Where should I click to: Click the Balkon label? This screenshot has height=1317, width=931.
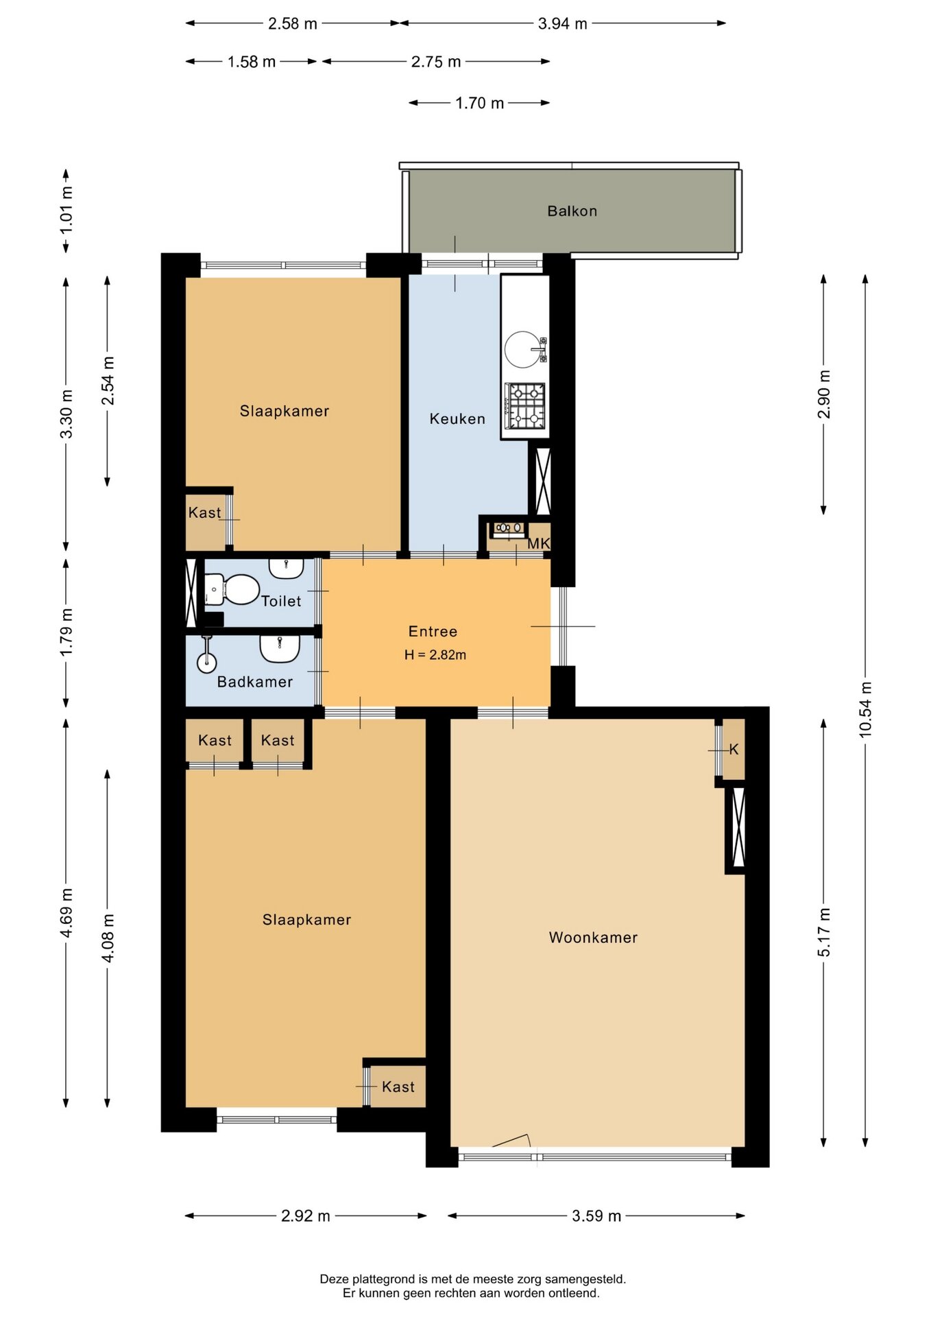click(x=572, y=211)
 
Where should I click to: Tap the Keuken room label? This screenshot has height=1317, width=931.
click(x=457, y=418)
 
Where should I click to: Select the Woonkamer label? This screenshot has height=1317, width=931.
click(x=593, y=937)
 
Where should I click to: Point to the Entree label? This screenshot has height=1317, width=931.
click(x=433, y=631)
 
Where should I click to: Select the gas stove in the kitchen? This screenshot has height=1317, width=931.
click(x=524, y=406)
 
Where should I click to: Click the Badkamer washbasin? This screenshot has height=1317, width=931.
click(x=280, y=648)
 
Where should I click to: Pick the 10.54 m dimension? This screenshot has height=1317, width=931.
click(x=865, y=709)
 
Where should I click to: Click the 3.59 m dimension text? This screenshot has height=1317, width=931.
click(x=596, y=1215)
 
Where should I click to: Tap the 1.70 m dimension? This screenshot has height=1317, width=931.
click(x=479, y=103)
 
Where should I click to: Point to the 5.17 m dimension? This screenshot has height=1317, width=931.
click(x=823, y=932)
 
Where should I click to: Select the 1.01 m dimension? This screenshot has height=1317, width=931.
click(x=66, y=210)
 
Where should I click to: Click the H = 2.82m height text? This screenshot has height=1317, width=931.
click(x=435, y=655)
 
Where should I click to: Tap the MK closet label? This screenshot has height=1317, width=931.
click(x=539, y=543)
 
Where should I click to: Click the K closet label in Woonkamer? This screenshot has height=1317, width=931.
click(x=734, y=749)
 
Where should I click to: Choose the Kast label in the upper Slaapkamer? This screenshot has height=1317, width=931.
click(x=204, y=512)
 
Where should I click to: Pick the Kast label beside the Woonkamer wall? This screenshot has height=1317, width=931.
click(x=398, y=1087)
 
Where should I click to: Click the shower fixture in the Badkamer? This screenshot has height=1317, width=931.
click(x=206, y=654)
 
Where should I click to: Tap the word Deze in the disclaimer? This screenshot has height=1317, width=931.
click(x=335, y=1279)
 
